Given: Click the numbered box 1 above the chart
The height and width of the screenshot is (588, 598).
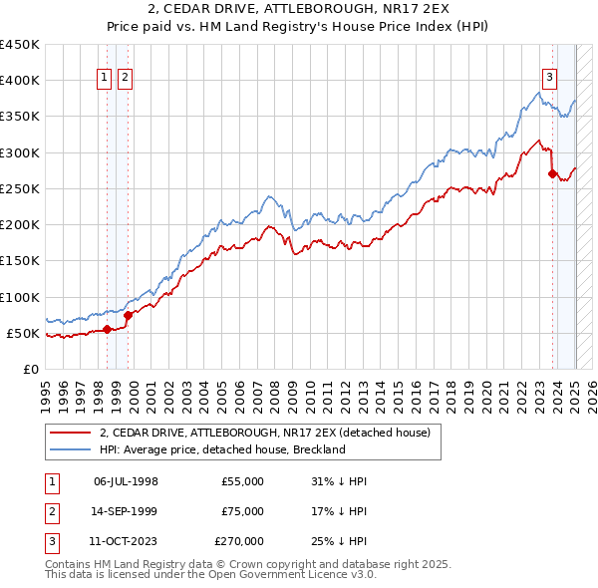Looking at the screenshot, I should (x=105, y=79).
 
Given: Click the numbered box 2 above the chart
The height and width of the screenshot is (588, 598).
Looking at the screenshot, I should (x=125, y=79).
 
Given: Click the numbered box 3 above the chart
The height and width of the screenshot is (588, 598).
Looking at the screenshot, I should (x=549, y=79).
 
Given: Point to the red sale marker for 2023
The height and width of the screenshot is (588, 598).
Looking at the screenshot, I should (x=552, y=173).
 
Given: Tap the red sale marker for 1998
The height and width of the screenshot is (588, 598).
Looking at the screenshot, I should (x=107, y=329).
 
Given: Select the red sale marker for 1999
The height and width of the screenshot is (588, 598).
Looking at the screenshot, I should (x=128, y=315).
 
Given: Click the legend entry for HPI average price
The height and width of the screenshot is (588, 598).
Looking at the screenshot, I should (x=221, y=449).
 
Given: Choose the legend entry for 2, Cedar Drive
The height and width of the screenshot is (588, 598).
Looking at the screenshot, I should (x=264, y=433).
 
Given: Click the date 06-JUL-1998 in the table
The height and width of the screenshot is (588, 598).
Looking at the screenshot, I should (x=126, y=481).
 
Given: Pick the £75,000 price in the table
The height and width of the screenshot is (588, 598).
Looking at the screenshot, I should (x=242, y=511).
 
